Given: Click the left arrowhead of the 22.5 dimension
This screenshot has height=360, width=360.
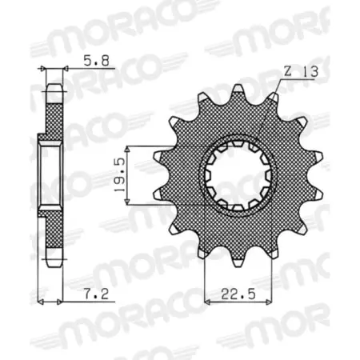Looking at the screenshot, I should (x=209, y=302).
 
